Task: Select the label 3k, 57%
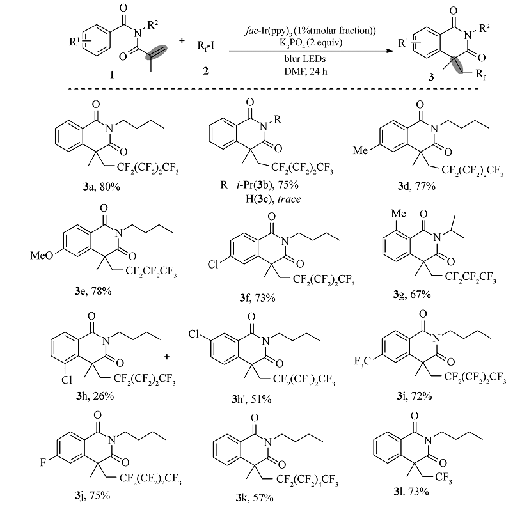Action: (x=255, y=496)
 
